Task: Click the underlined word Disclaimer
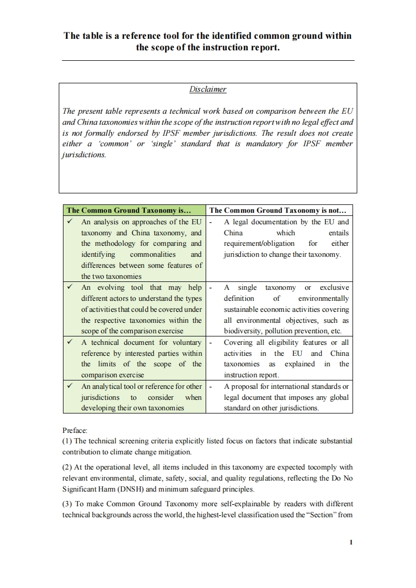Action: (x=208, y=89)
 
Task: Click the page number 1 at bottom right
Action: (x=351, y=543)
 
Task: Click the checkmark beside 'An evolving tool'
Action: (x=70, y=287)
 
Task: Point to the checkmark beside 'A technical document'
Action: (x=70, y=342)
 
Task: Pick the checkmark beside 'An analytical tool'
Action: (x=70, y=386)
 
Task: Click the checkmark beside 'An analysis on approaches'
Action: (x=70, y=222)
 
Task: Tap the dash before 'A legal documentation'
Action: (x=210, y=222)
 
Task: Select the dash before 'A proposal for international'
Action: (x=210, y=386)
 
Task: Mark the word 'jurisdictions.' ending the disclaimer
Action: (x=83, y=155)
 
